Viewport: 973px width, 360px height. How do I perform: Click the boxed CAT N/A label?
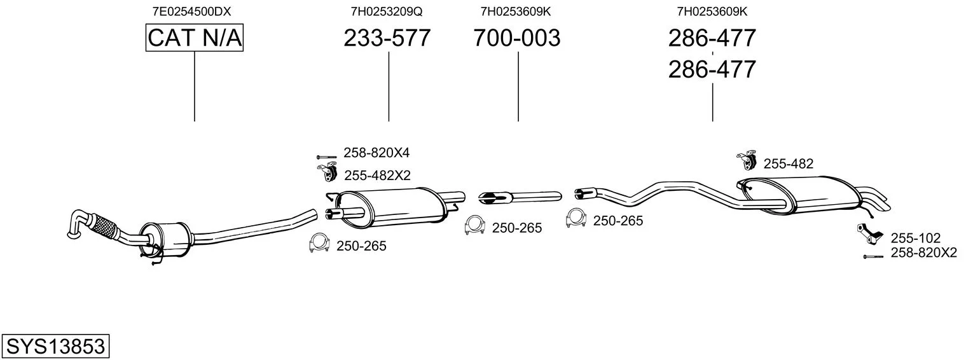click(194, 38)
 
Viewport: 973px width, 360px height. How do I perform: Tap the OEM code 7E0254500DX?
click(191, 11)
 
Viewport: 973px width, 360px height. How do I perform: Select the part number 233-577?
click(387, 38)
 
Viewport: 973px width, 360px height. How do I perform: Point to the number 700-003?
click(517, 38)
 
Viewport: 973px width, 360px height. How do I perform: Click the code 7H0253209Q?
click(387, 11)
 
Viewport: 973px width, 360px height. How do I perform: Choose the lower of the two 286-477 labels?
click(712, 69)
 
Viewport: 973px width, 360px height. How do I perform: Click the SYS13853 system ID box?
click(55, 346)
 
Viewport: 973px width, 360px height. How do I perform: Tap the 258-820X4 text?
click(376, 153)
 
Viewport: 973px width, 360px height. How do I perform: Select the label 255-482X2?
click(378, 176)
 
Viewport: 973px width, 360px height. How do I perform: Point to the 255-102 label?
click(916, 238)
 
